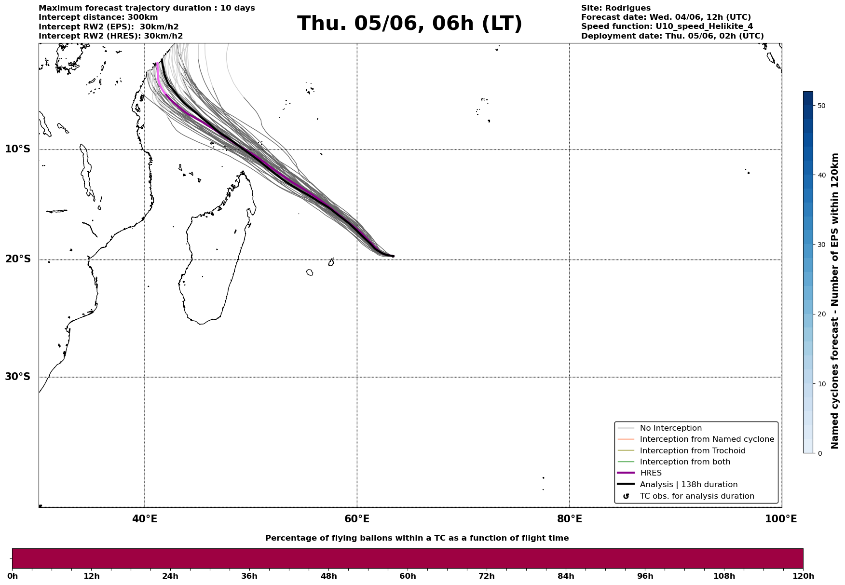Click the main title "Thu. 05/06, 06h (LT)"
409,24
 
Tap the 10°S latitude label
18,149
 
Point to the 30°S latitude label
18,377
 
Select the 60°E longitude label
357,519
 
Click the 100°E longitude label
781,519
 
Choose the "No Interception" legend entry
670,428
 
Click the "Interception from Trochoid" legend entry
692,451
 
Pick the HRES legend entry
651,473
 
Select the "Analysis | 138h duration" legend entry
688,485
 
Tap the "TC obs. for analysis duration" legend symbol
626,496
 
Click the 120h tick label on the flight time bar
803,576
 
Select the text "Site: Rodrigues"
615,8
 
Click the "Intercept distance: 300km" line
98,17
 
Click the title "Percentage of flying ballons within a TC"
417,538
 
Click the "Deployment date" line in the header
672,36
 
